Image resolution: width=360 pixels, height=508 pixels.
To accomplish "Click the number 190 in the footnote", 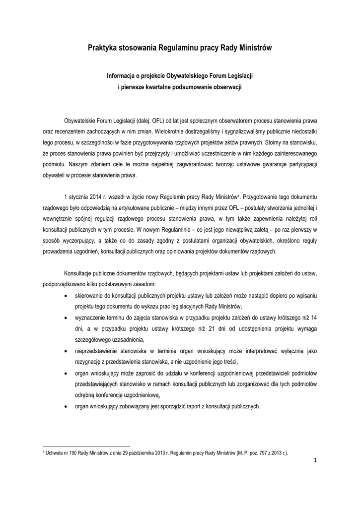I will point(72,453).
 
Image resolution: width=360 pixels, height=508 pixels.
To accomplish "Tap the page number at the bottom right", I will point(315,465).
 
